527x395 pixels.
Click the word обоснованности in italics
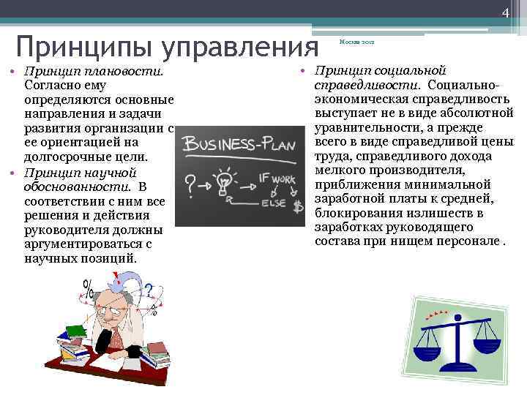64,187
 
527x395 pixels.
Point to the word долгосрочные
64,157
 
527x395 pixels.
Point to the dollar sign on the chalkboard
298,206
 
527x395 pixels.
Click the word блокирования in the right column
350,213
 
